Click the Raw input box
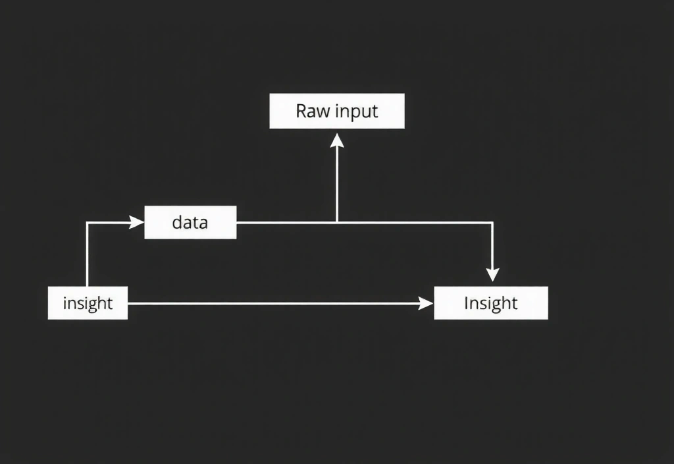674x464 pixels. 337,111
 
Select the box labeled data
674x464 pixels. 190,222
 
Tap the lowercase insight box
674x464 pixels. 88,303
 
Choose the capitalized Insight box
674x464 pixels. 490,303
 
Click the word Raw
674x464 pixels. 313,111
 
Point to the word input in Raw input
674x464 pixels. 357,111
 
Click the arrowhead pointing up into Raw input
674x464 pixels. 337,140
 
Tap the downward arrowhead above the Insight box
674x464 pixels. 492,274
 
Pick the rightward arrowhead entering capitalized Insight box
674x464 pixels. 427,303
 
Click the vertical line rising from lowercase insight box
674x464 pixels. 88,257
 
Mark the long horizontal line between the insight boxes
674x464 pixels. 276,303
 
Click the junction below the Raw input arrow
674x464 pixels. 337,223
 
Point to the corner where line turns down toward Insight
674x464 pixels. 492,223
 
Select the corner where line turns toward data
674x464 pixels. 88,223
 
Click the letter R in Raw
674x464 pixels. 301,111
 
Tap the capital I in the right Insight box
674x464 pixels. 466,303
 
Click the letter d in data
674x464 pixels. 176,222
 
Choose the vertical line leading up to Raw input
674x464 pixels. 337,185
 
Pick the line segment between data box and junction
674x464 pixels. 286,223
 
